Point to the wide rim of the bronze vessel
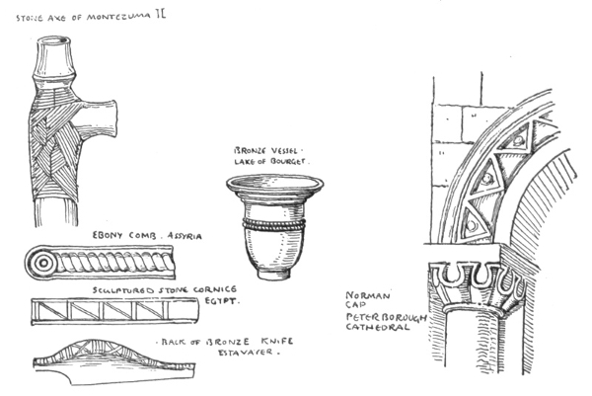pos(274,185)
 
